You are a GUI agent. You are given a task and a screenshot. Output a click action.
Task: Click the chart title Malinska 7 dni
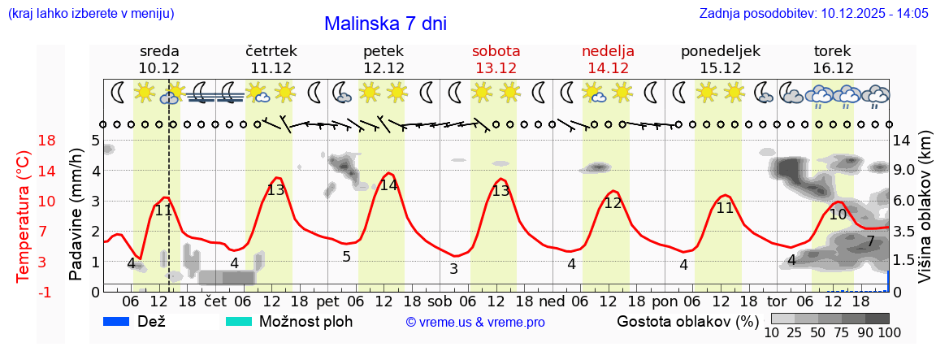[385, 24]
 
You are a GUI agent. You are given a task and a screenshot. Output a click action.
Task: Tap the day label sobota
[496, 50]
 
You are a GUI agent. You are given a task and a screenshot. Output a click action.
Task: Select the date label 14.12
[608, 68]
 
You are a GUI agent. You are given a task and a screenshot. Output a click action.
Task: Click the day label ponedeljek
[720, 50]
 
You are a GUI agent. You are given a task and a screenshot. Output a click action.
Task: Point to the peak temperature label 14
[388, 184]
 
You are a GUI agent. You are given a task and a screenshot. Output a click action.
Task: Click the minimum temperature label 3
[453, 269]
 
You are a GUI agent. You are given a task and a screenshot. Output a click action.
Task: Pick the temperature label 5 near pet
[347, 257]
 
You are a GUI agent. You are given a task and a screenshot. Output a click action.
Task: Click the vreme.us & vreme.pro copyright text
[475, 322]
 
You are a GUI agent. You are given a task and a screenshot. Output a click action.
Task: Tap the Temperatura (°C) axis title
[24, 216]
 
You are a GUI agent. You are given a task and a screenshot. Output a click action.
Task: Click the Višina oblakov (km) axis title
[925, 216]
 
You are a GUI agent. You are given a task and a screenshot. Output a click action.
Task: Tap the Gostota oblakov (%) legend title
[687, 321]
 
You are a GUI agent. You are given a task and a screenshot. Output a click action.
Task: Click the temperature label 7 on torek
[870, 241]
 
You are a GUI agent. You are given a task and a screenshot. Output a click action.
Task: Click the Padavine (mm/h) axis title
[76, 215]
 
